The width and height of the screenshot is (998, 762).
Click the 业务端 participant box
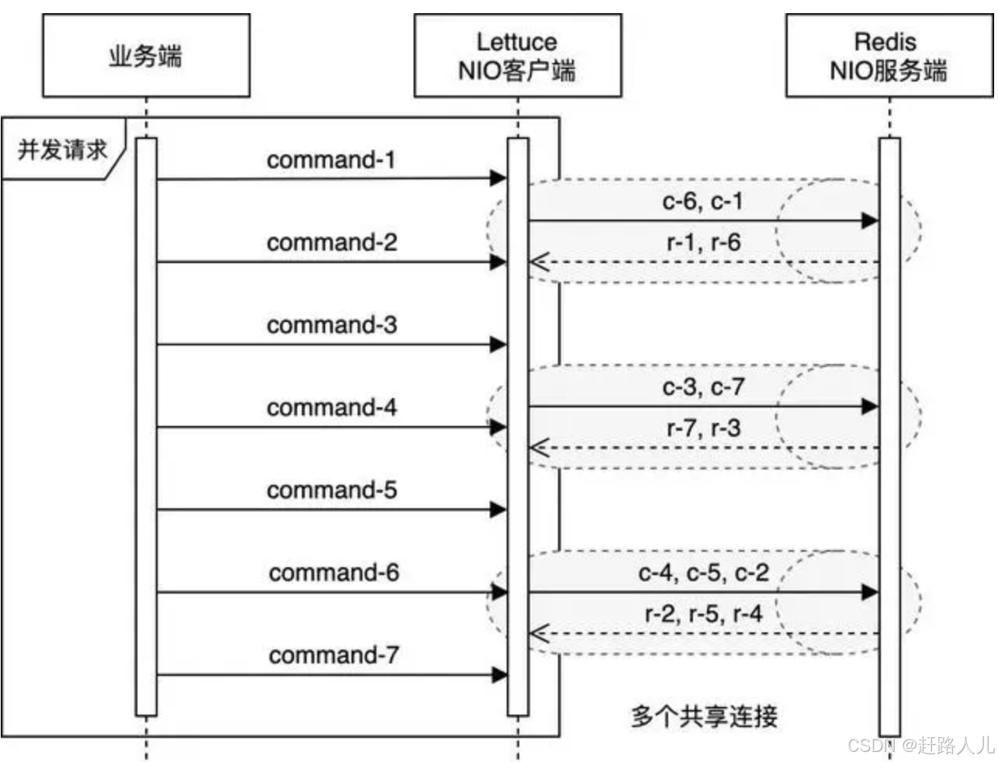pos(146,56)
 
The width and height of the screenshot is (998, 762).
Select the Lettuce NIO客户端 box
pos(517,56)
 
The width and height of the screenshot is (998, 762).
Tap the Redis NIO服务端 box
pos(889,56)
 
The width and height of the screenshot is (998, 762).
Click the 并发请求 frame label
pos(62,150)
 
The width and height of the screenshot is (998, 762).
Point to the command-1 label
pos(331,160)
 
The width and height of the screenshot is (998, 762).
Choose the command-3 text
pos(331,324)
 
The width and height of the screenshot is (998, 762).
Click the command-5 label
pos(331,490)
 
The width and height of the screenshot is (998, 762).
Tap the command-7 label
pos(334,655)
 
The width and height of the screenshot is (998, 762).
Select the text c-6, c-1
pos(702,201)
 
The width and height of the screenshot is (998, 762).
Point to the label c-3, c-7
pos(703,386)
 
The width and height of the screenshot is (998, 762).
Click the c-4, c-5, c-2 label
pos(703,573)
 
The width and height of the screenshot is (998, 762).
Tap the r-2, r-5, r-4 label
pos(704,614)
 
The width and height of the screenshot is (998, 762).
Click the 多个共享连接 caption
pos(704,715)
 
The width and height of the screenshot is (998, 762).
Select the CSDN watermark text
pos(920,746)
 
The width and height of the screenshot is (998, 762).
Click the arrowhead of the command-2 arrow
pos(498,262)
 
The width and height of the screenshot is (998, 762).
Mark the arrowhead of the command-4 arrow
pos(498,427)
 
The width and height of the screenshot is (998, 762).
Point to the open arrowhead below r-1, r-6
pos(538,263)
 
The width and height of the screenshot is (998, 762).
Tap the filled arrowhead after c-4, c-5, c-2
pos(870,593)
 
